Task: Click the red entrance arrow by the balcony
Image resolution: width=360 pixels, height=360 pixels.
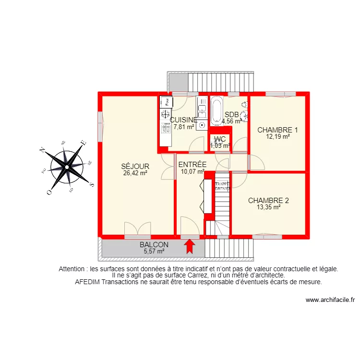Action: pyautogui.click(x=190, y=246)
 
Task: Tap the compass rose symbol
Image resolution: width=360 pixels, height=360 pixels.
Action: pyautogui.click(x=68, y=166)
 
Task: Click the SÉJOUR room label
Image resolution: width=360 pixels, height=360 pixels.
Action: pyautogui.click(x=135, y=167)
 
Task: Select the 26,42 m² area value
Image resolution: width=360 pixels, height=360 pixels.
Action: pyautogui.click(x=135, y=174)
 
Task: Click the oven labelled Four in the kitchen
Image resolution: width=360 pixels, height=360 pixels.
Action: pyautogui.click(x=166, y=101)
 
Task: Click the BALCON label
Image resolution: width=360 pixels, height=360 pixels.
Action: pyautogui.click(x=154, y=244)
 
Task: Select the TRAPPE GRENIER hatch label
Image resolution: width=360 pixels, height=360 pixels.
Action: pyautogui.click(x=222, y=186)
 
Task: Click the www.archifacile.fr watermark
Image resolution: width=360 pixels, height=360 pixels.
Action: pyautogui.click(x=330, y=300)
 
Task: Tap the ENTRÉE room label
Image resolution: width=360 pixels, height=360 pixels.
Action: pyautogui.click(x=193, y=165)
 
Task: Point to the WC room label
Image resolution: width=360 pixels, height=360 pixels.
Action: pyautogui.click(x=220, y=139)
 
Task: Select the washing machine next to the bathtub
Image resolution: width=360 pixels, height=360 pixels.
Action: pyautogui.click(x=203, y=125)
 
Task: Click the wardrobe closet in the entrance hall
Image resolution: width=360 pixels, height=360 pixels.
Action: pyautogui.click(x=208, y=196)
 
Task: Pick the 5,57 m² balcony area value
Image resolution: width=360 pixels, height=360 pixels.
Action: pyautogui.click(x=154, y=251)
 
